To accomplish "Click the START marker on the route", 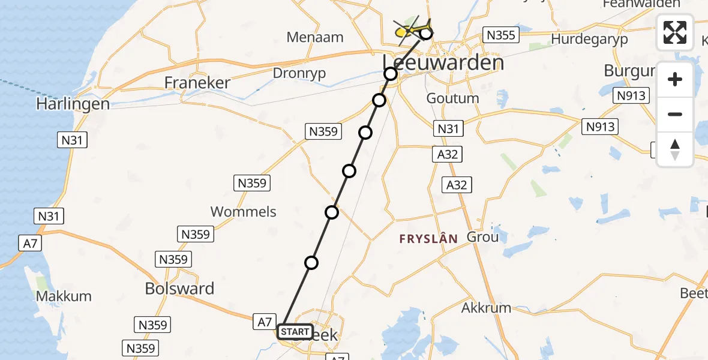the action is pyautogui.click(x=295, y=332).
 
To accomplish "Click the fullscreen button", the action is pyautogui.click(x=675, y=32).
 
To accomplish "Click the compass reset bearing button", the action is pyautogui.click(x=675, y=149).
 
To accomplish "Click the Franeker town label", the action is pyautogui.click(x=197, y=83).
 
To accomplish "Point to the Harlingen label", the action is pyautogui.click(x=73, y=104).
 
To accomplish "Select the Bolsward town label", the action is pyautogui.click(x=179, y=289).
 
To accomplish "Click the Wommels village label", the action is pyautogui.click(x=244, y=211).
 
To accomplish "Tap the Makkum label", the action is pyautogui.click(x=64, y=296).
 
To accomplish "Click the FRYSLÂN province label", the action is pyautogui.click(x=428, y=239).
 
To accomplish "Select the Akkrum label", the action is pyautogui.click(x=486, y=308).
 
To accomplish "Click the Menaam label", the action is pyautogui.click(x=315, y=37).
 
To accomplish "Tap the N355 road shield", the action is pyautogui.click(x=501, y=35).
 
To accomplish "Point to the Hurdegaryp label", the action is pyautogui.click(x=589, y=39).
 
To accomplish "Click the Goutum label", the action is pyautogui.click(x=452, y=98).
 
